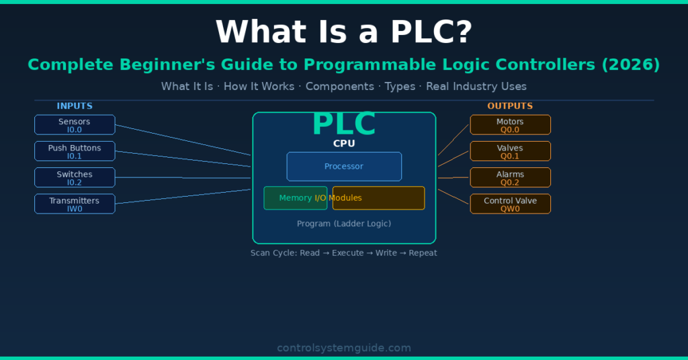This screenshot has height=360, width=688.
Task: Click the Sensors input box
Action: coord(75,125)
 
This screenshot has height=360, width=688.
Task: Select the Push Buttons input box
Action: coord(75,151)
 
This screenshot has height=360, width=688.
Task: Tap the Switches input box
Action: coord(75,177)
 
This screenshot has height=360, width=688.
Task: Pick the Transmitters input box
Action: coord(75,204)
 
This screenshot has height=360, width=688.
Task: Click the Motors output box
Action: coord(510,125)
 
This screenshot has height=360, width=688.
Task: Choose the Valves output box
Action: coord(510,151)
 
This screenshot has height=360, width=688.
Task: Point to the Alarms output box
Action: coord(510,177)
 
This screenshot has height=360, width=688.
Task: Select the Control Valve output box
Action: coord(510,204)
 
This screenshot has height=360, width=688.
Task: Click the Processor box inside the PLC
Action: coord(344,167)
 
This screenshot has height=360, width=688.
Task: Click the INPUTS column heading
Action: coord(75,106)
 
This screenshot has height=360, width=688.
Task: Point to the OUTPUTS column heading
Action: coord(510,106)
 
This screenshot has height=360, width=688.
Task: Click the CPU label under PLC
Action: coord(344,143)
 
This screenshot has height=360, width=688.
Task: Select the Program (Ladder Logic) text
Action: coord(344,224)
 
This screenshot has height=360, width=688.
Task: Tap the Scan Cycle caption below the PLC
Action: coord(344,253)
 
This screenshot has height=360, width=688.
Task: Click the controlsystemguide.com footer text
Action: coord(344,348)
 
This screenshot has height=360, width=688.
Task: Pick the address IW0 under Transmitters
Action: coord(75,209)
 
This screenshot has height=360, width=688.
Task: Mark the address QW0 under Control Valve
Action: coord(510,209)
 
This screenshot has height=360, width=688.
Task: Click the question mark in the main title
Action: coord(462,32)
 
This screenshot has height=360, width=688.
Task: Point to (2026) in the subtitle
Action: coord(632,65)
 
